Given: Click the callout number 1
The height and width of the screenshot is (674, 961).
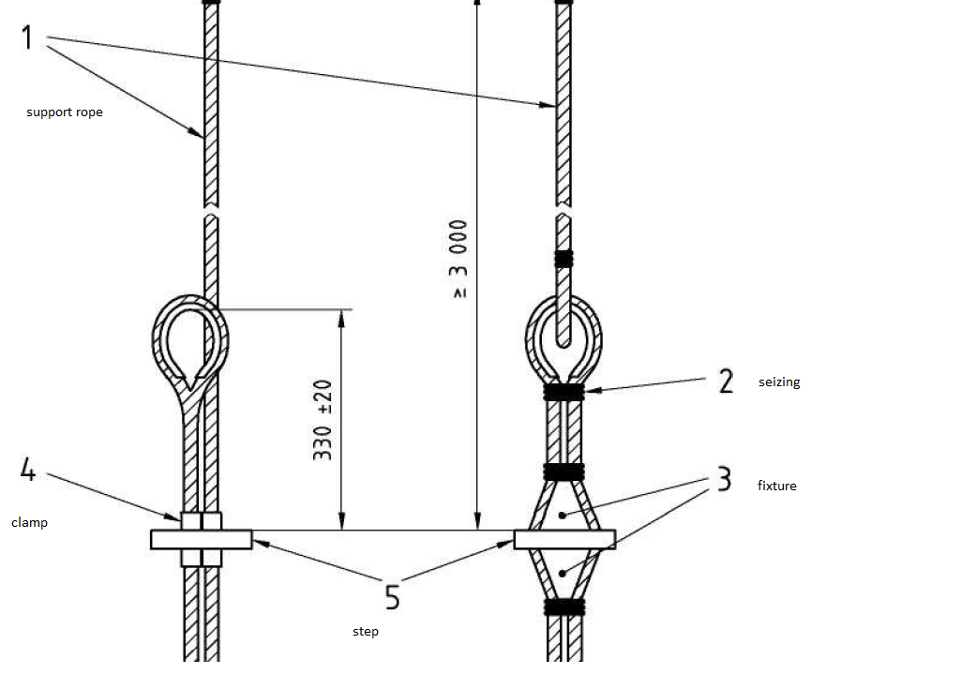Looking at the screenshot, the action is tap(26, 37).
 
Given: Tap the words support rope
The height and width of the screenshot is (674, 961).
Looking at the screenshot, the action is tap(65, 112).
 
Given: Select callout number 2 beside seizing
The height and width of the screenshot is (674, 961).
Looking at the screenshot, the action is tap(726, 381).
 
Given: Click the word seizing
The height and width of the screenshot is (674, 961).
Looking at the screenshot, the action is tap(779, 382).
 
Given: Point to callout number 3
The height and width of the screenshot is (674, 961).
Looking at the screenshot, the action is tap(725, 479).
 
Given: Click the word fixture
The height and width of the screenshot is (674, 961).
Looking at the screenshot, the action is tap(776, 486).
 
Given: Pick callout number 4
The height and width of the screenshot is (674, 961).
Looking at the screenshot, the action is tap(28, 470).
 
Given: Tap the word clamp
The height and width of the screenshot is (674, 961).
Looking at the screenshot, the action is tap(29, 523).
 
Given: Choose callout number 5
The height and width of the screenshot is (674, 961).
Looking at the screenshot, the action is tap(392, 597).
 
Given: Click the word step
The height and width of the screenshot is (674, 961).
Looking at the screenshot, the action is tap(366, 631).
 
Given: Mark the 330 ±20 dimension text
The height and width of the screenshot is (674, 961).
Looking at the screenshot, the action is tap(323, 420).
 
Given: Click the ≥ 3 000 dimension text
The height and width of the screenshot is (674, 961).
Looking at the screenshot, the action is tap(458, 259).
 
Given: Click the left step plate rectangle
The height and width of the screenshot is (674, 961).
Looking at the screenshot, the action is tap(201, 539).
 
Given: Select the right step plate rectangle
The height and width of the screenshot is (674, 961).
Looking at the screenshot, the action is tap(564, 539).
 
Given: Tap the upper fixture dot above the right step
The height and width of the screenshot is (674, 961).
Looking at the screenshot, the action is tap(562, 516).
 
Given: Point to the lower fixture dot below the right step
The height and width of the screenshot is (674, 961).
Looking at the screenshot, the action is tap(562, 574).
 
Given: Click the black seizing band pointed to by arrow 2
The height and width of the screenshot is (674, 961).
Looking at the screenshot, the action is tap(563, 392).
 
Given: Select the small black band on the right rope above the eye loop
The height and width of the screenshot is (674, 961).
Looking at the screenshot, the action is tap(563, 259).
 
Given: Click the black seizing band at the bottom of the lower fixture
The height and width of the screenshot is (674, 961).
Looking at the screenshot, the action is tap(564, 607).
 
